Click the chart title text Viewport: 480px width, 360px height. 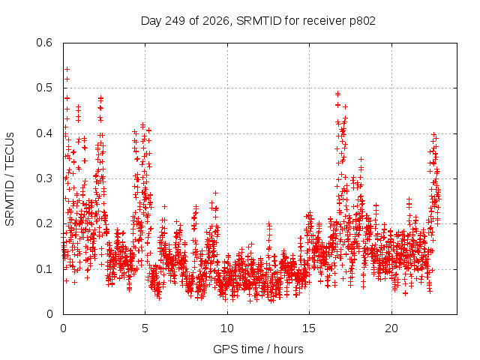tap(258, 21)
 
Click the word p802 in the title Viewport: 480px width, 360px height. tap(362, 21)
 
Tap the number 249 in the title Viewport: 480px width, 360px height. tap(175, 21)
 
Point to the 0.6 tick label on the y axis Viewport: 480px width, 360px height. tap(44, 43)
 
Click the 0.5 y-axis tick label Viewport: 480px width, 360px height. tap(44, 88)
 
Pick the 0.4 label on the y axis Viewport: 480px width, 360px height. tap(44, 133)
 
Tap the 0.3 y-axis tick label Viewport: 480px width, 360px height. tap(44, 178)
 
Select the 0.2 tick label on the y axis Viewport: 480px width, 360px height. tap(44, 223)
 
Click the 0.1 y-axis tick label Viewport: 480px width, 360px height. tap(44, 269)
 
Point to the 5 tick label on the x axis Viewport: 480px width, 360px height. tap(145, 328)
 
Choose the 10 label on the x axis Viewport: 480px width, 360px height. tap(227, 328)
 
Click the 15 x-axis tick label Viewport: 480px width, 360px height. tap(309, 328)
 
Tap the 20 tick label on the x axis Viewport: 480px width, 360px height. tap(391, 328)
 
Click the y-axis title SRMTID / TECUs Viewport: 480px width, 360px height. tap(10, 179)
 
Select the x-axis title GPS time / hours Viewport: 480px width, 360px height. tap(258, 349)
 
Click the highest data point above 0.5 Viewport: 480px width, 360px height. tap(67, 70)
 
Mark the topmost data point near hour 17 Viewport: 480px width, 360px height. tap(338, 94)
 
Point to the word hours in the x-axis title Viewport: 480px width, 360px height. tap(288, 349)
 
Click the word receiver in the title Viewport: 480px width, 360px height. tap(325, 21)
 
